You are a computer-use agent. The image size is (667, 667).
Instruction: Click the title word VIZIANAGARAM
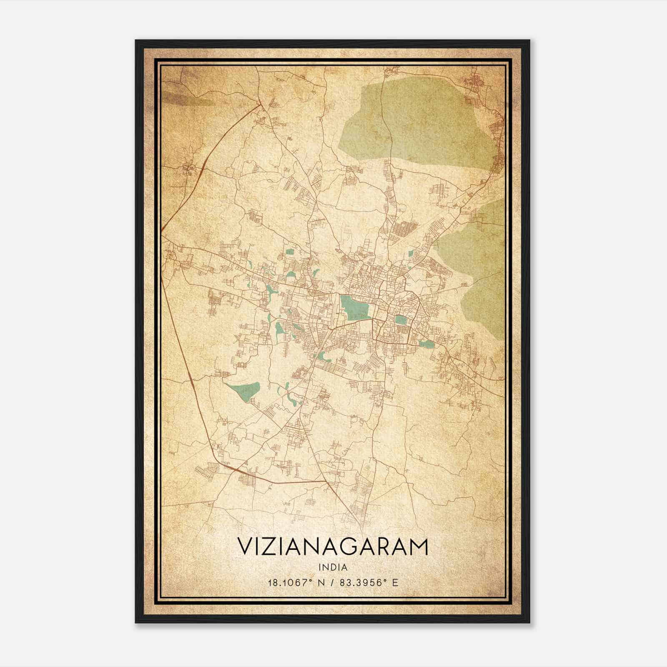[333, 547]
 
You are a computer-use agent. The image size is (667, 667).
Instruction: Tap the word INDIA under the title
[333, 567]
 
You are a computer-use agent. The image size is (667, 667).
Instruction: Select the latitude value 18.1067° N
[296, 582]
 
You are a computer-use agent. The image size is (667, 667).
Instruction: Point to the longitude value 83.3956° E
[369, 582]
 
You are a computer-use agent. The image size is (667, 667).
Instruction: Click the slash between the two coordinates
[333, 582]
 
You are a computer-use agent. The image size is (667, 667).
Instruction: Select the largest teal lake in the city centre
[354, 307]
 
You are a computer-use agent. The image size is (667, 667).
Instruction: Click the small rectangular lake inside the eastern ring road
[401, 320]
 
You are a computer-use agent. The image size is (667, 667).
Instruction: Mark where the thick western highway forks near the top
[261, 104]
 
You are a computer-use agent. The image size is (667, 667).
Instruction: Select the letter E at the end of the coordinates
[396, 582]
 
